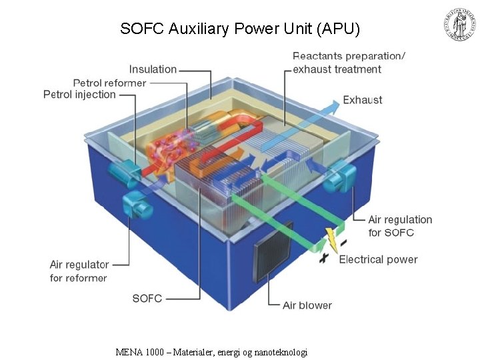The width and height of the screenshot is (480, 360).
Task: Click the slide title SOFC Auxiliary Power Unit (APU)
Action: click(x=240, y=29)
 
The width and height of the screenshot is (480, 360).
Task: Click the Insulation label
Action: click(x=153, y=69)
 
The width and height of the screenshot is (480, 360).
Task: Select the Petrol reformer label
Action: click(x=109, y=83)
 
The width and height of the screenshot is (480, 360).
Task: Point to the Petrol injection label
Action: click(x=79, y=95)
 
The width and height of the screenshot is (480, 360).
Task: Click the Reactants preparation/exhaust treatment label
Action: click(x=349, y=62)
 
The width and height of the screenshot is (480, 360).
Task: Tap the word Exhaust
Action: click(x=362, y=100)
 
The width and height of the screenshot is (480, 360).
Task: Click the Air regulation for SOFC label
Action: click(x=400, y=226)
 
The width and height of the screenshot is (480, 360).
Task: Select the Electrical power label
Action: click(x=378, y=259)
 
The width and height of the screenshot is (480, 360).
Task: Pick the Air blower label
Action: click(x=307, y=305)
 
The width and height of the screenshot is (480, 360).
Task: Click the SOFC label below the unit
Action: click(x=147, y=298)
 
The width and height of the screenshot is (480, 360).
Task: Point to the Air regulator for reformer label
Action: click(x=79, y=271)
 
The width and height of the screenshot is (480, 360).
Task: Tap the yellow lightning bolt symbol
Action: click(x=330, y=239)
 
